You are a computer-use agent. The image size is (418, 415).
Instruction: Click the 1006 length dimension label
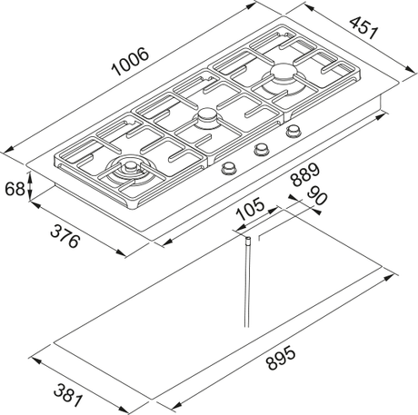130,62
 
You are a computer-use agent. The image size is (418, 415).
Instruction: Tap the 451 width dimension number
363,28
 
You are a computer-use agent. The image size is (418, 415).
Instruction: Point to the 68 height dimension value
15,189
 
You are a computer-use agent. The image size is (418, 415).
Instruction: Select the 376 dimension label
65,237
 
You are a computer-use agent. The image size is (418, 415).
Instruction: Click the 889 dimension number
305,174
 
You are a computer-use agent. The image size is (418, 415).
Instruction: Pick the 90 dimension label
317,196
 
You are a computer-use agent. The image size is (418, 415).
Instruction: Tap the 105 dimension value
250,210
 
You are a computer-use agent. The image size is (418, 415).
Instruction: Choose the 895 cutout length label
280,358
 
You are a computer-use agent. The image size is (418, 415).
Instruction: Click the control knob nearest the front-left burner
228,168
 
